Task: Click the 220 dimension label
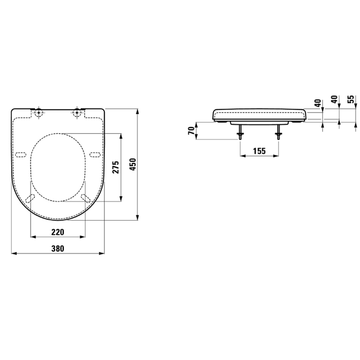58,232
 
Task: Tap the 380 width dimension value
58,248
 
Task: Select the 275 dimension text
116,167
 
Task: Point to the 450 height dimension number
133,164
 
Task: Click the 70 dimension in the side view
191,131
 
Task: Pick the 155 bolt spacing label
259,151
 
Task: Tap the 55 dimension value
351,99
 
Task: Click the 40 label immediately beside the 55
335,99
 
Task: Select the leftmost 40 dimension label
318,103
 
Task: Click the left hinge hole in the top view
39,113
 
